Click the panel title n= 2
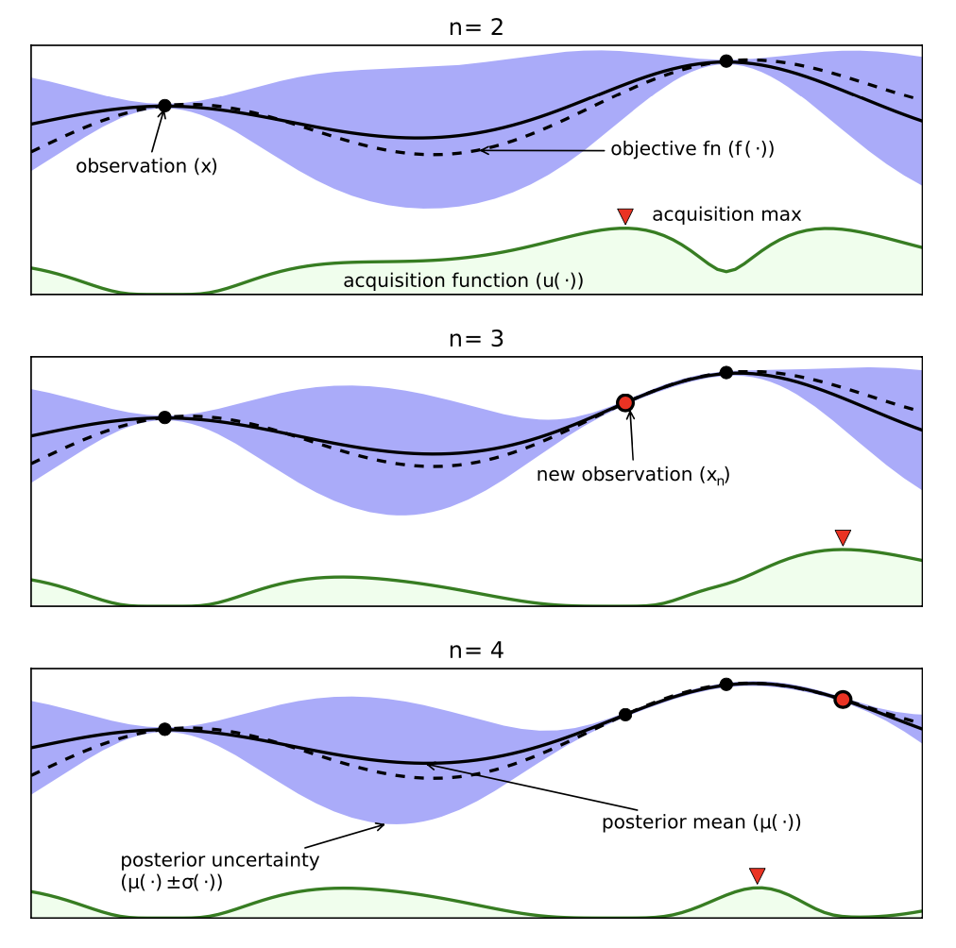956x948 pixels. tap(476, 27)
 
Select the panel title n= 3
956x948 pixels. tap(476, 339)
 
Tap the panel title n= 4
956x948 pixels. tap(476, 651)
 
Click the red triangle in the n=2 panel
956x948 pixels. tap(625, 215)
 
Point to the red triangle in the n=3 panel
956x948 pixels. tap(844, 536)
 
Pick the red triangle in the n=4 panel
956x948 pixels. tap(758, 875)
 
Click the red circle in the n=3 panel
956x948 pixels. tap(625, 403)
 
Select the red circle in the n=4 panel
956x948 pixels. tap(844, 700)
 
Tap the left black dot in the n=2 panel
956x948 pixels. tap(164, 106)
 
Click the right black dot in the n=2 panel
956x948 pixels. tap(726, 61)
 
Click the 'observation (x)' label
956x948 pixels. tap(146, 166)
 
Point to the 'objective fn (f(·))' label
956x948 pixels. tap(692, 148)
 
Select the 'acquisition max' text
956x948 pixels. tap(726, 214)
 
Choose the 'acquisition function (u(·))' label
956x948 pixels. tap(464, 280)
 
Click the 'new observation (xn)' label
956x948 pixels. tap(634, 475)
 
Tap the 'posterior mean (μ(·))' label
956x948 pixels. tap(701, 822)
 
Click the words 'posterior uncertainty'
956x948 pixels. tap(219, 859)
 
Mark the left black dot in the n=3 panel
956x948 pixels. tap(164, 417)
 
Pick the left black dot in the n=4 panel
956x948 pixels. tap(164, 729)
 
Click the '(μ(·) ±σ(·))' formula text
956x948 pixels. tap(171, 882)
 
